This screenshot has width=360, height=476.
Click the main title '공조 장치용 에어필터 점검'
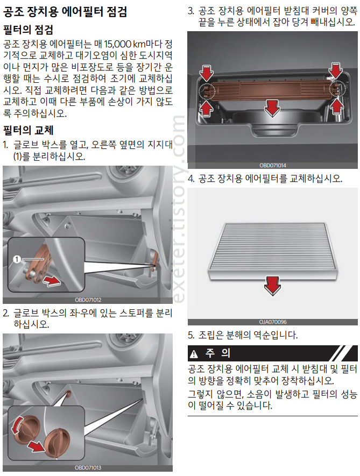[x=65, y=12]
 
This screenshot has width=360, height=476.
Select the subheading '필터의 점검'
[x=28, y=30]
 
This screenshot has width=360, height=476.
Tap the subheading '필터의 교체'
[x=28, y=130]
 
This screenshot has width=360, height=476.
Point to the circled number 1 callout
[x=17, y=259]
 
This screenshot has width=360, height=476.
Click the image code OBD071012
[x=88, y=300]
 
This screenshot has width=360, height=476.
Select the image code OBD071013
[x=88, y=468]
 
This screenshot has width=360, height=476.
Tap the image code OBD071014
[x=272, y=166]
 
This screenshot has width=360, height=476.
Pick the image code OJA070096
[x=272, y=322]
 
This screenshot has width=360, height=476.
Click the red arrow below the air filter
[x=272, y=286]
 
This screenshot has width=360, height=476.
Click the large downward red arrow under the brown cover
[x=272, y=108]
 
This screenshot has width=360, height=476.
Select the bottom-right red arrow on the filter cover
[x=337, y=107]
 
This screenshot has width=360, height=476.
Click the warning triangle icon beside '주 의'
[x=194, y=354]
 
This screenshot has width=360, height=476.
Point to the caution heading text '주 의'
[x=218, y=353]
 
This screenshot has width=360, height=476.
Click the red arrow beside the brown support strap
[x=52, y=281]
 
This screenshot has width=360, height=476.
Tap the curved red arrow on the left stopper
[x=16, y=425]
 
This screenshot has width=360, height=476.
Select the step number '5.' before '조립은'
[x=191, y=335]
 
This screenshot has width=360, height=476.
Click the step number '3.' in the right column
[x=191, y=11]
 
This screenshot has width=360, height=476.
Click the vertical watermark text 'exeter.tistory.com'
[x=179, y=209]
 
